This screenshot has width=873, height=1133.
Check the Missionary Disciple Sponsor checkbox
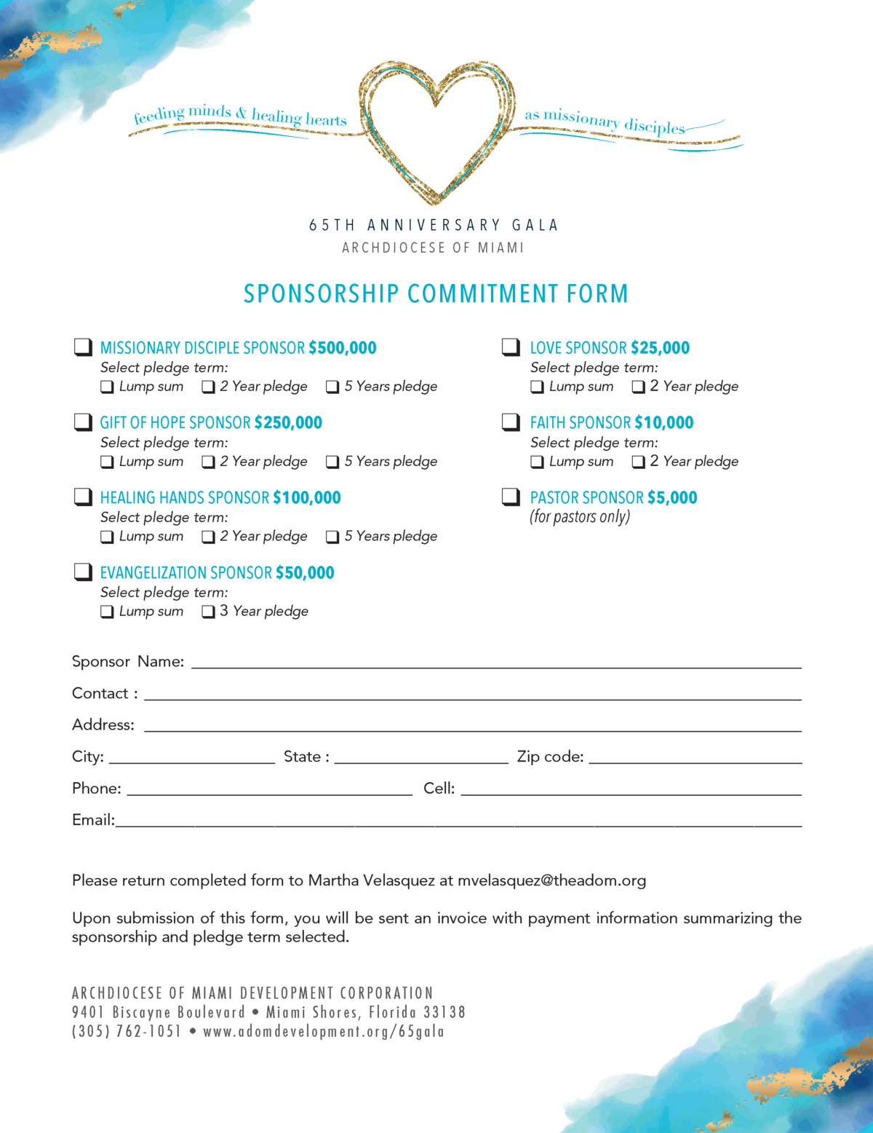coord(83,347)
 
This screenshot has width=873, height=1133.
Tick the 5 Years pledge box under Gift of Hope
coord(332,462)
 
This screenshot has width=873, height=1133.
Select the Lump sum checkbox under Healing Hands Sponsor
coord(107,537)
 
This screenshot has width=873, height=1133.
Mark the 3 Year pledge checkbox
coord(208,612)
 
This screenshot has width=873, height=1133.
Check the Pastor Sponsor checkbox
coord(511,497)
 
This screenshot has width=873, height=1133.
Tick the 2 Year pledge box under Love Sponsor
coord(639,387)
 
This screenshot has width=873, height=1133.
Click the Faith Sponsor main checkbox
coord(511,422)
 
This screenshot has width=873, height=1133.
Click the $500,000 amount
coord(342,348)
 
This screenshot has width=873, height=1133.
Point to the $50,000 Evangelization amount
coord(305,573)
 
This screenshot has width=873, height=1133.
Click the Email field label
coord(93,820)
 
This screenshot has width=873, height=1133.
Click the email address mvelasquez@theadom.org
coord(551,880)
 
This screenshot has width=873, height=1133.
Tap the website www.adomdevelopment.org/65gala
coord(324,1032)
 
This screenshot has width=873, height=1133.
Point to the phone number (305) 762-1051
coord(126,1032)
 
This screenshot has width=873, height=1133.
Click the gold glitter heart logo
coord(436,127)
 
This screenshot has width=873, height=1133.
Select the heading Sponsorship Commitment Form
coord(436,293)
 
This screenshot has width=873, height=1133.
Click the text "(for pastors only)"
coord(580,517)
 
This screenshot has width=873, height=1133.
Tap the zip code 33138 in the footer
coord(444,1012)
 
